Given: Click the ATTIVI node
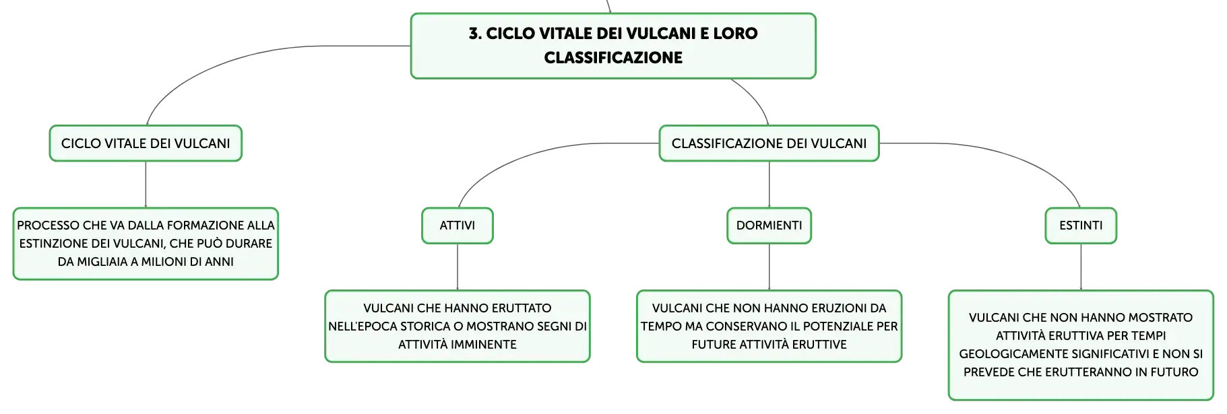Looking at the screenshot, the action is [458, 226].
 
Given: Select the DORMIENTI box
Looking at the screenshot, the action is [769, 226].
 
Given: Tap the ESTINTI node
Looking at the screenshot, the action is [1081, 226].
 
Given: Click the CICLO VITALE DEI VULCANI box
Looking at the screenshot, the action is [146, 143].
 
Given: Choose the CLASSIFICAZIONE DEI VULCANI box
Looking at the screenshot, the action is [769, 143].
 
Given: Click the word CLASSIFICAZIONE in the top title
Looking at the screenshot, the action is [613, 58].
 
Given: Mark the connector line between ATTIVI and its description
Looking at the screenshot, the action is [458, 267].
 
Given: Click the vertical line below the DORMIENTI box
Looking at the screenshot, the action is [769, 267].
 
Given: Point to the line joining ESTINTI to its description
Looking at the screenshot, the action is [1081, 267].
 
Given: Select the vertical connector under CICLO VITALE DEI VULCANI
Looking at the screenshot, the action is [146, 184].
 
